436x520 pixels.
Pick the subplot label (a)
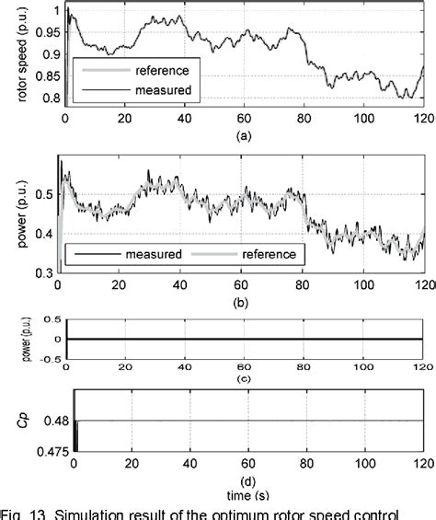243,134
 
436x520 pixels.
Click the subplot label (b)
243,301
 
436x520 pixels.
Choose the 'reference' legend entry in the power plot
266,254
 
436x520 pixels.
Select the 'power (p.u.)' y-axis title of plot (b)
20,212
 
